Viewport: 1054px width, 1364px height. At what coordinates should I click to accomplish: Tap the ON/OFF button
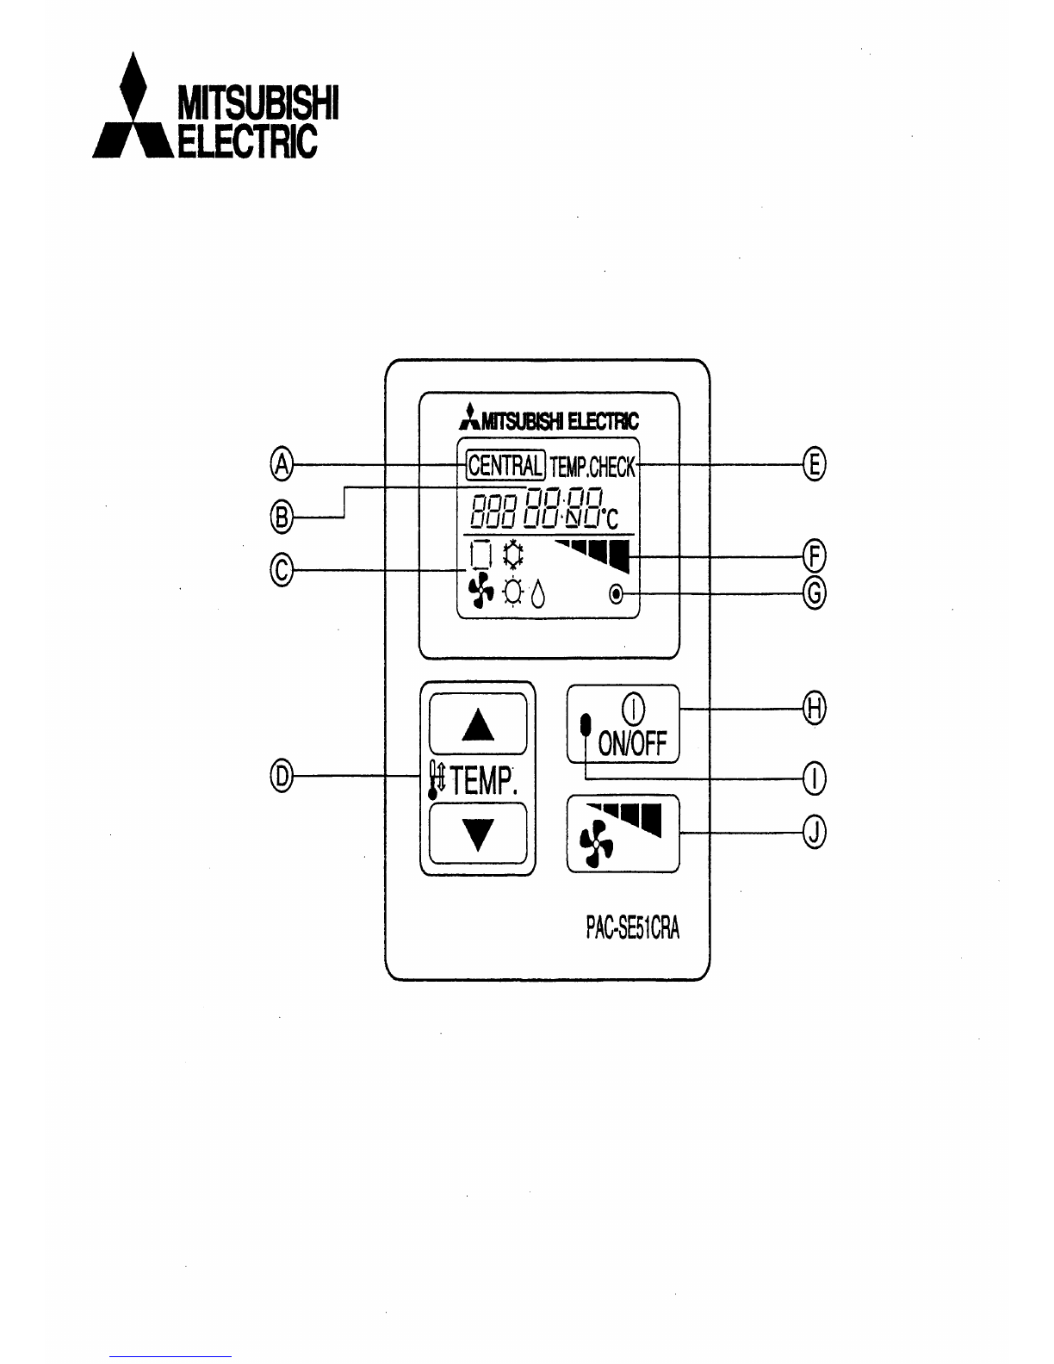pos(623,723)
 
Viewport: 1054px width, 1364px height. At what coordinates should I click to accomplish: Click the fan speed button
pos(623,834)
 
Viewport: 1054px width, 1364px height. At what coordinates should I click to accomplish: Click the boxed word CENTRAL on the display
pos(505,466)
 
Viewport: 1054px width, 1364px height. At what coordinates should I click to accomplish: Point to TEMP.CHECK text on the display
pos(592,467)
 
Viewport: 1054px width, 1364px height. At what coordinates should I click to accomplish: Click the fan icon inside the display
pos(479,592)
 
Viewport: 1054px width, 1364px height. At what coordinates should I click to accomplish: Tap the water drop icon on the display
pos(537,594)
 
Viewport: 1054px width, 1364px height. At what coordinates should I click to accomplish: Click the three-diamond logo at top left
pos(130,107)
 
